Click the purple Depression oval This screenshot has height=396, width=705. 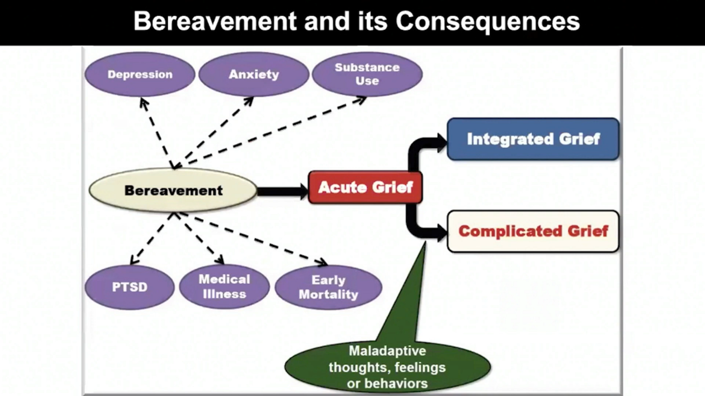coord(140,75)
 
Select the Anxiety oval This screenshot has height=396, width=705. coord(253,75)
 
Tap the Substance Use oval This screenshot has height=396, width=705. coord(367,74)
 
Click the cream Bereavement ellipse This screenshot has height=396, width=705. coord(173,191)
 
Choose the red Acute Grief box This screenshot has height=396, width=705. coord(365,187)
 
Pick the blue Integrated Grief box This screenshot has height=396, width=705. coord(533,139)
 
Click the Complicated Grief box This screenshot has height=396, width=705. coord(533,231)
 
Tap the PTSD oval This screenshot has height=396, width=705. coord(130,287)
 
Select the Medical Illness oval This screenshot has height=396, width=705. coord(224,287)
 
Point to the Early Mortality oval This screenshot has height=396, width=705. coord(328,288)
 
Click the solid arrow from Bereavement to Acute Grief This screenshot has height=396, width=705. coord(282,191)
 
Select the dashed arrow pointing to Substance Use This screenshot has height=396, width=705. coord(276,131)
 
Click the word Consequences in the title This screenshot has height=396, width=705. coord(488,22)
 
